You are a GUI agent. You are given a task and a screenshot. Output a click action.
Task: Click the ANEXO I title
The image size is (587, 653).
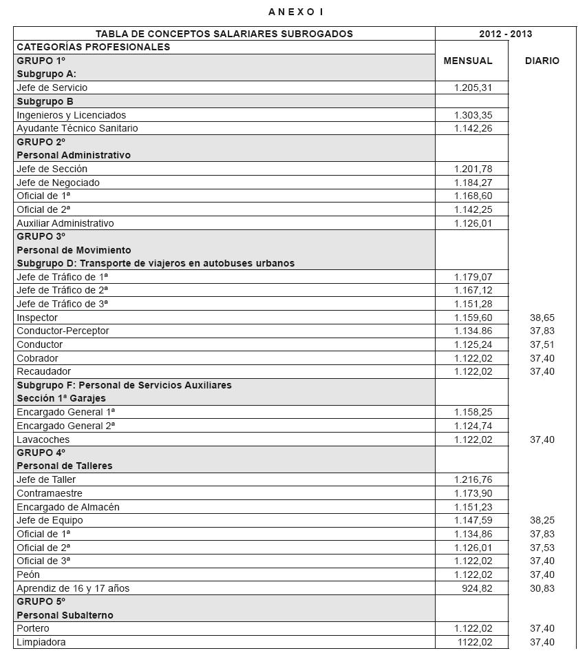pyautogui.click(x=296, y=12)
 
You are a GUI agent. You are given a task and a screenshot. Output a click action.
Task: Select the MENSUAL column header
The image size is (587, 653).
pyautogui.click(x=468, y=61)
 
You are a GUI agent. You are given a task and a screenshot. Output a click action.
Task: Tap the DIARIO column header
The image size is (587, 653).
pyautogui.click(x=542, y=61)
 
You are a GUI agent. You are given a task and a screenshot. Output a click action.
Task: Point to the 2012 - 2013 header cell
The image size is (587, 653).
pyautogui.click(x=506, y=34)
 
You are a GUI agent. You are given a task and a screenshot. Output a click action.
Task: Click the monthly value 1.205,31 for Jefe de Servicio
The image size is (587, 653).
pyautogui.click(x=473, y=87)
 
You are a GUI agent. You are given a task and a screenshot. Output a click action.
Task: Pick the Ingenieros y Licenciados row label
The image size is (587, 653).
pyautogui.click(x=72, y=115)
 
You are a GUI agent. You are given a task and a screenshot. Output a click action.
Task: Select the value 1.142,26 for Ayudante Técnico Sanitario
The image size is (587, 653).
pyautogui.click(x=473, y=128)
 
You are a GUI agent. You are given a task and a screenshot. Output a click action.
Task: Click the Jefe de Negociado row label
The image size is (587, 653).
pyautogui.click(x=58, y=183)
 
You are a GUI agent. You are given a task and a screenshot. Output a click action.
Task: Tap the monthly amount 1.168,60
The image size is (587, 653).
pyautogui.click(x=473, y=196)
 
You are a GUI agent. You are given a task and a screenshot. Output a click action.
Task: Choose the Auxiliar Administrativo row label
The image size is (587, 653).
pyautogui.click(x=65, y=223)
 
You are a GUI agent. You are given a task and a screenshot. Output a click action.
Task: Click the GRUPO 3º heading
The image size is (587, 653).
pyautogui.click(x=41, y=236)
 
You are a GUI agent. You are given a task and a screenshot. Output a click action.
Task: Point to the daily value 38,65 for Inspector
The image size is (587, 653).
pyautogui.click(x=542, y=318)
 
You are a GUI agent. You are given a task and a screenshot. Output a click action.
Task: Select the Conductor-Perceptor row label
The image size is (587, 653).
pyautogui.click(x=63, y=331)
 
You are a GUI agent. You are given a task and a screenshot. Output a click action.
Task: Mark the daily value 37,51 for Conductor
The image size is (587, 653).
pyautogui.click(x=542, y=344)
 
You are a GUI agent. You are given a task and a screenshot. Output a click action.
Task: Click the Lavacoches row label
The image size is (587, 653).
pyautogui.click(x=43, y=439)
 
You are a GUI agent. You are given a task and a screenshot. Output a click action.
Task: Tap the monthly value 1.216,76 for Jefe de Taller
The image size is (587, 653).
pyautogui.click(x=473, y=479)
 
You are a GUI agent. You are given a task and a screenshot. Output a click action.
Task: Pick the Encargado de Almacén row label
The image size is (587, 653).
pyautogui.click(x=68, y=507)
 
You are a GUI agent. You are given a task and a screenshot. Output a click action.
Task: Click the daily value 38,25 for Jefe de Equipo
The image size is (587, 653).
pyautogui.click(x=542, y=520)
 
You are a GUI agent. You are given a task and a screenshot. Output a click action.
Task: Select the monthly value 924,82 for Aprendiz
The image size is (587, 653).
pyautogui.click(x=478, y=588)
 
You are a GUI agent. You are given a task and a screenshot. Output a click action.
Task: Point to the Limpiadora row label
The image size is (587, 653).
pyautogui.click(x=41, y=642)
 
